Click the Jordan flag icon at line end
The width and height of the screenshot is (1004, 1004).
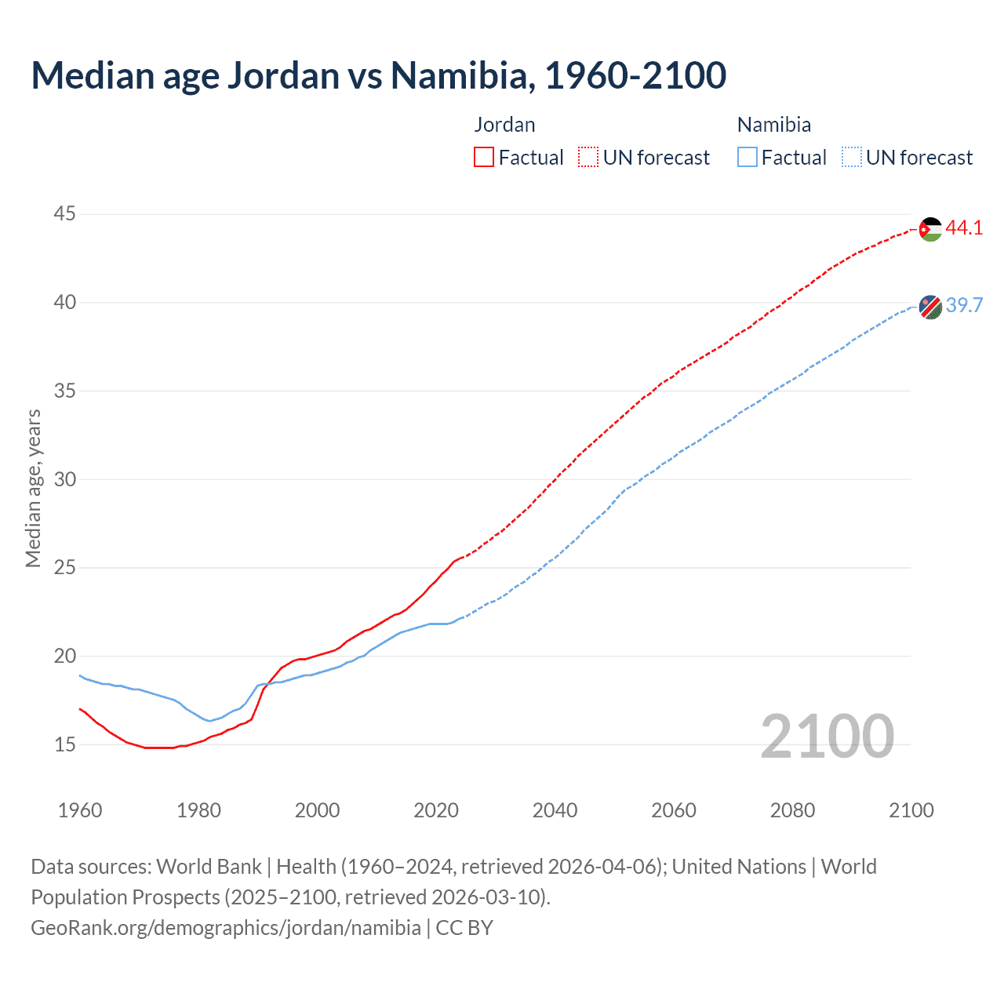(x=930, y=229)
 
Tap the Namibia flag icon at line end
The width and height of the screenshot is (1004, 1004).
(x=930, y=307)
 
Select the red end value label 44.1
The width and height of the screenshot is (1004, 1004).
(x=964, y=228)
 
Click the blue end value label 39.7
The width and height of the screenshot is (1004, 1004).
(x=964, y=305)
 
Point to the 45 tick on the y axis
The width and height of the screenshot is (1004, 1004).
(x=65, y=213)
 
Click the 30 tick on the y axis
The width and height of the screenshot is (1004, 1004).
(x=65, y=479)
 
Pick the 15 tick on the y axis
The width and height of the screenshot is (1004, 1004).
(x=65, y=744)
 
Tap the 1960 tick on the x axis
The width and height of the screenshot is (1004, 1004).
(x=80, y=810)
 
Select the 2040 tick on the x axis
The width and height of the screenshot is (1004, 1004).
(x=555, y=810)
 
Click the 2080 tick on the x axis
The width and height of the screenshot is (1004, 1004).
(x=792, y=810)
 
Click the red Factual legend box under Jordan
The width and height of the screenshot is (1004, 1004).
(x=484, y=157)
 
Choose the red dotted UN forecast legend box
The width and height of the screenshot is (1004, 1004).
(x=588, y=157)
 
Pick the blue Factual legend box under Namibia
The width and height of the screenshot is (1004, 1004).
(x=748, y=157)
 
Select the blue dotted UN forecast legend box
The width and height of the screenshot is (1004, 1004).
(x=851, y=157)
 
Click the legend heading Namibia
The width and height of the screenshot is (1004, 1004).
(x=773, y=125)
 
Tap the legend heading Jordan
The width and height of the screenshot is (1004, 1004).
(x=504, y=125)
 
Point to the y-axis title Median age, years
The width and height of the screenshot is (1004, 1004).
(x=33, y=488)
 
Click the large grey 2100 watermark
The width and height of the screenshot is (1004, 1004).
(x=827, y=737)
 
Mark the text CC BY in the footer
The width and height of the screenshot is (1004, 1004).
(x=464, y=928)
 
